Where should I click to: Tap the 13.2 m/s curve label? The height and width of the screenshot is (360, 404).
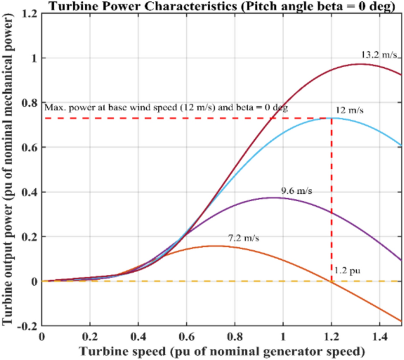[x=380, y=54]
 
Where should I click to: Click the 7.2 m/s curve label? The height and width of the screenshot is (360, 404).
[x=244, y=238]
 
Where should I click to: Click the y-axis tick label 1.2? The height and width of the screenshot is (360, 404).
[x=27, y=14]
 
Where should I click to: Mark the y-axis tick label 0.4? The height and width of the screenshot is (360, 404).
[x=27, y=192]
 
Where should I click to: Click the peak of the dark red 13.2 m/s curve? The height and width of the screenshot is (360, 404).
[x=360, y=64]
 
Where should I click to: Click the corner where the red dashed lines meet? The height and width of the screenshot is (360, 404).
[x=331, y=118]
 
